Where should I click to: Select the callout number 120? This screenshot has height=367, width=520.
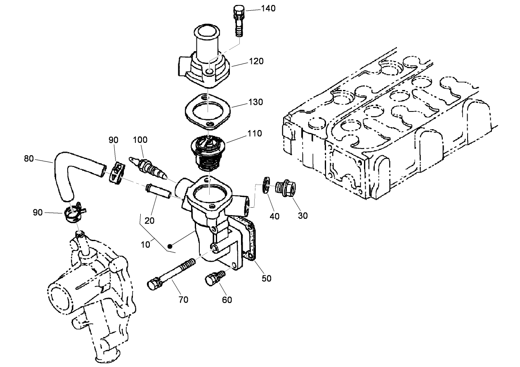(x=256, y=61)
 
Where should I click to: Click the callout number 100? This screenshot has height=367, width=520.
(x=140, y=140)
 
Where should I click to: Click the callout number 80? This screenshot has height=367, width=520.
(x=29, y=158)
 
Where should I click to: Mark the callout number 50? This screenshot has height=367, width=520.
(x=267, y=278)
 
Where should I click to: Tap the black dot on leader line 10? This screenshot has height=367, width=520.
(x=170, y=245)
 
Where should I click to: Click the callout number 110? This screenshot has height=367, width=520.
(x=254, y=133)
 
